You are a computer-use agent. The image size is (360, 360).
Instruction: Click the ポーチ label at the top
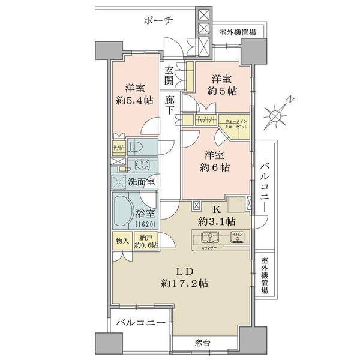tap(158, 21)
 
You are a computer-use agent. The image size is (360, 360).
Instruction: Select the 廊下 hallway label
tap(169, 105)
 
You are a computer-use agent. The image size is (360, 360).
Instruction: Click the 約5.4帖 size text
tap(134, 101)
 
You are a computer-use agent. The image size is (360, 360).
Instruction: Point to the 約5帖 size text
tap(222, 91)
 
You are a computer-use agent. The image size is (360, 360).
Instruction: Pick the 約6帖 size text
tap(215, 167)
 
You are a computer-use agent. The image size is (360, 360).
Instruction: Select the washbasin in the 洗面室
tap(142, 165)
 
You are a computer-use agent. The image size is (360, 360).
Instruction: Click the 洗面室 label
tap(141, 182)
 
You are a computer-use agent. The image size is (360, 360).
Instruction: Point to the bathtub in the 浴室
tap(122, 211)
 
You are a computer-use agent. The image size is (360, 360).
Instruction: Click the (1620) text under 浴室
tap(146, 224)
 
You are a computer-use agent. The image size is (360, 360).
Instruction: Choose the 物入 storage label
tap(122, 241)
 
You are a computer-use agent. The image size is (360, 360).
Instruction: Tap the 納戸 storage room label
tap(146, 238)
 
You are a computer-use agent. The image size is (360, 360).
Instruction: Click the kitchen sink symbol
tap(210, 237)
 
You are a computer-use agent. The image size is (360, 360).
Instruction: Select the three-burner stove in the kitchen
tap(238, 237)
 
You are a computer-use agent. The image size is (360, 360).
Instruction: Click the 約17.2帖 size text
tap(184, 284)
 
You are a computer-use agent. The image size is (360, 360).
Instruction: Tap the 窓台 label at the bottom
tap(202, 343)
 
